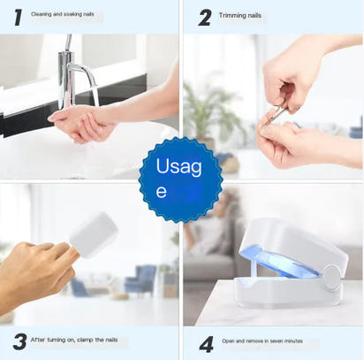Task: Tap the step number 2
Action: (x=205, y=17)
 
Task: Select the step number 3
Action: (x=19, y=341)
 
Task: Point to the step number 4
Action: (x=206, y=342)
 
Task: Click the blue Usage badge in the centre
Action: (x=180, y=179)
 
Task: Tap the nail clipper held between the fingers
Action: (x=278, y=114)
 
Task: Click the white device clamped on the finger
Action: (x=93, y=234)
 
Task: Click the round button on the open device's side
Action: (x=330, y=278)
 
